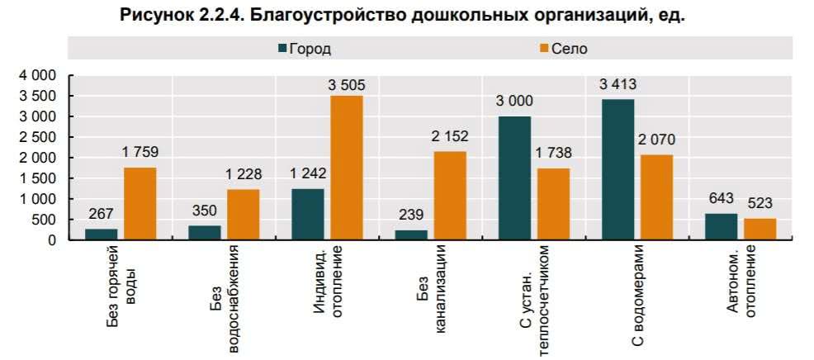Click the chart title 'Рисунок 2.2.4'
403,16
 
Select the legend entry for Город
305,49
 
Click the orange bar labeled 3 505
347,168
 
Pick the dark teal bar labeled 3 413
618,169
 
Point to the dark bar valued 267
102,234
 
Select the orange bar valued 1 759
140,204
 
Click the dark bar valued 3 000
514,178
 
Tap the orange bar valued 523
760,230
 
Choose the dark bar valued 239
411,235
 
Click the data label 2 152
450,136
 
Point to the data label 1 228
244,174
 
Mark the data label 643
721,198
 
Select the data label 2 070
656,140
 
